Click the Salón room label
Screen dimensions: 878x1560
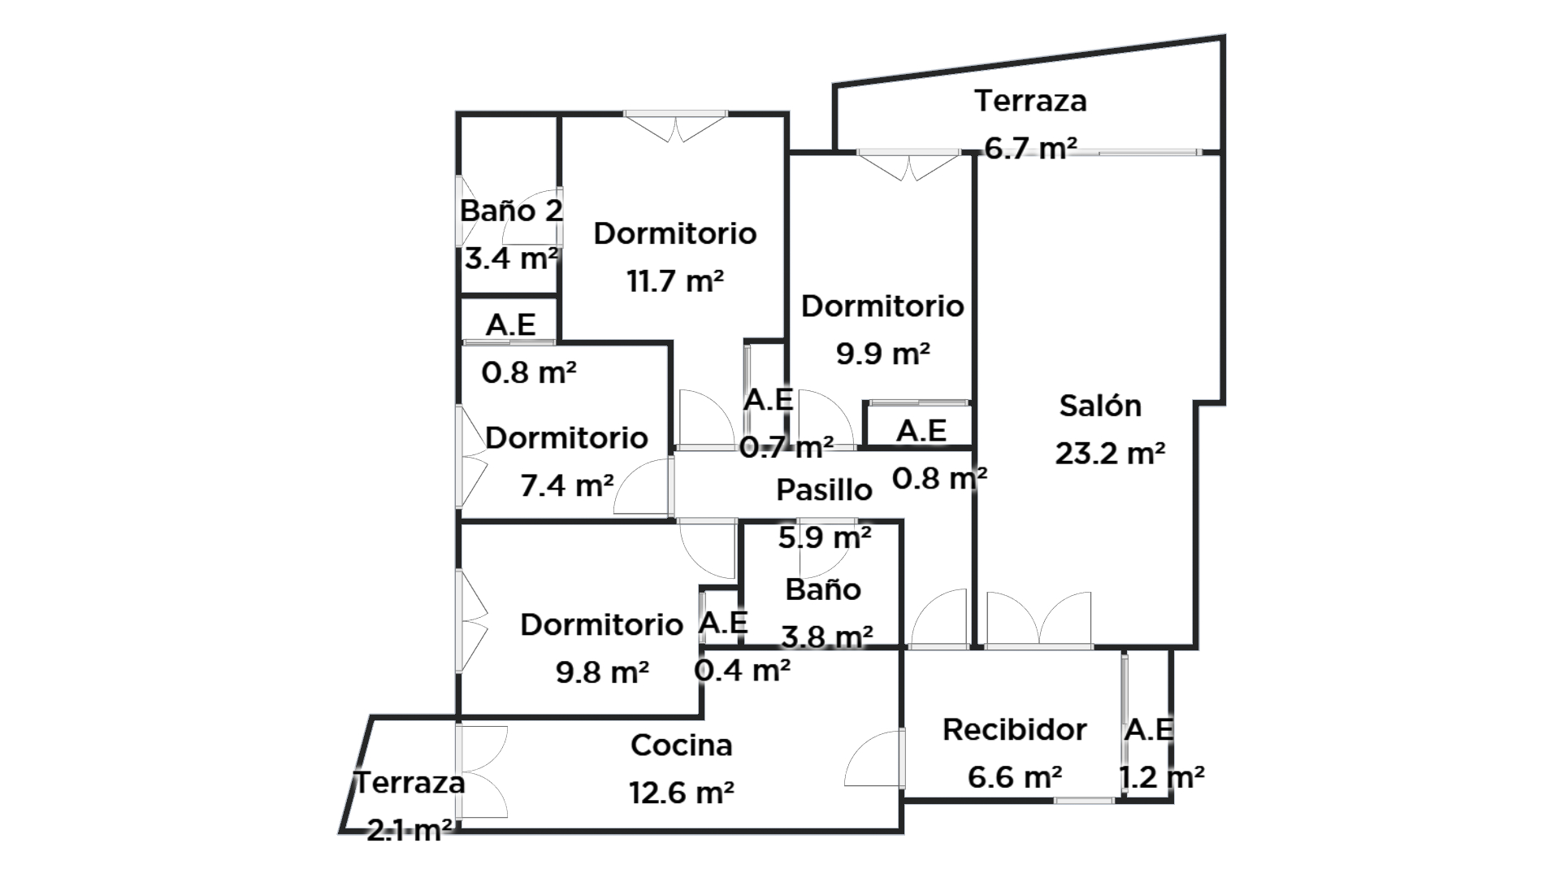[1100, 406]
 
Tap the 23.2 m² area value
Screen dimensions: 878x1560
[1110, 453]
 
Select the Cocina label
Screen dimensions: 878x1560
[681, 745]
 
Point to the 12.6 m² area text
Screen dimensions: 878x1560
[682, 792]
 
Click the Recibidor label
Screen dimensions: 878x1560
[1014, 729]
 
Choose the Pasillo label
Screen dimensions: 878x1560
[824, 489]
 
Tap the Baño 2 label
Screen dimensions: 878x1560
[511, 211]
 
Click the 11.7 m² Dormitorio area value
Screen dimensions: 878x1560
[674, 281]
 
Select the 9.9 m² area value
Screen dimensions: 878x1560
[882, 354]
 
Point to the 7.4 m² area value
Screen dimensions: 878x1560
[566, 485]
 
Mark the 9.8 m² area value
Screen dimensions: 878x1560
[602, 672]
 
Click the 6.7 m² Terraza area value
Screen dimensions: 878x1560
[1030, 148]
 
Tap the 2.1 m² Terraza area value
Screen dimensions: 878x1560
[409, 830]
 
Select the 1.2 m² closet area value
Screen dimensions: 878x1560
[1161, 777]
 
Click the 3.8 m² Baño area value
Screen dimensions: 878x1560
[826, 636]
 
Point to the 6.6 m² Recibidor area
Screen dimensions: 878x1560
[1014, 777]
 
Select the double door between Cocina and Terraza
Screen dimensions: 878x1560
[483, 772]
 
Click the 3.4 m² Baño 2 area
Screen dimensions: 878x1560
[511, 259]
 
